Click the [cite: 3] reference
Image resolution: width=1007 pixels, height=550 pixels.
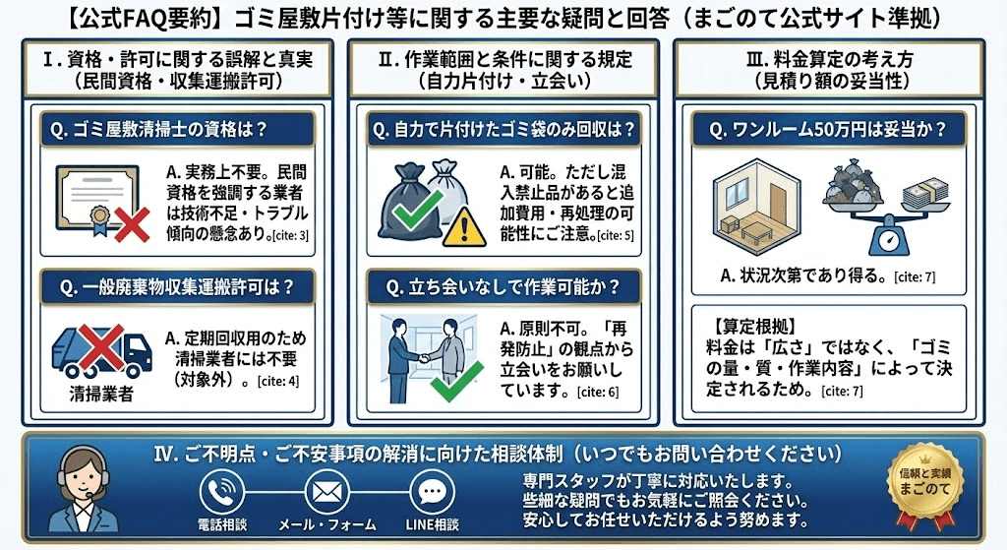pyautogui.click(x=292, y=235)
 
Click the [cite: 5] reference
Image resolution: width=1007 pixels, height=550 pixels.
pyautogui.click(x=616, y=235)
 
